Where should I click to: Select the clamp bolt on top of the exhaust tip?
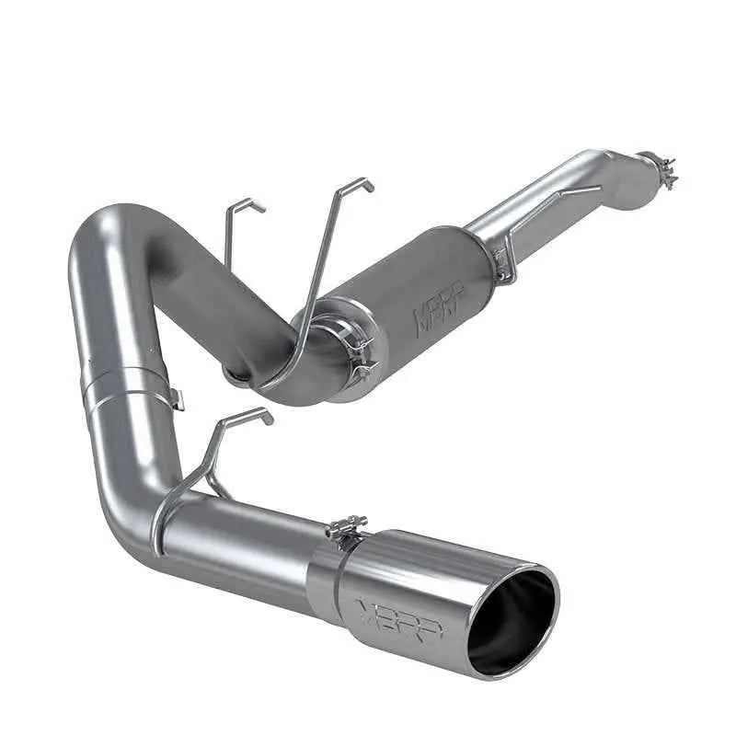pyautogui.click(x=346, y=531)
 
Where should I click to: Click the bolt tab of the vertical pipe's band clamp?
pyautogui.click(x=175, y=397)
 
